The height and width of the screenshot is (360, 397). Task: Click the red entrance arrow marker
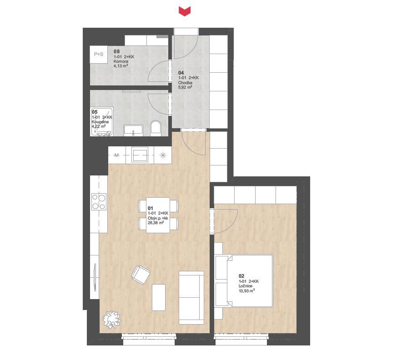coord(185,11)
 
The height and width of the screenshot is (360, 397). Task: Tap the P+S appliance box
coord(99,54)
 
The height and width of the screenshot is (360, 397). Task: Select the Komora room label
coord(121,61)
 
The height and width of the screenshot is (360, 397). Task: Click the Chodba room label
coord(185,82)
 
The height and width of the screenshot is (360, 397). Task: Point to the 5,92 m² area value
coord(185,87)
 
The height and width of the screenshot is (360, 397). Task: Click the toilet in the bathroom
coord(156,128)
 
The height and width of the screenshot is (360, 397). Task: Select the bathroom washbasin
coord(133,130)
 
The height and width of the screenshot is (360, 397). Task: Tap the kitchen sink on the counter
coord(140,155)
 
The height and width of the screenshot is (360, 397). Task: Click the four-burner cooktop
coord(99,201)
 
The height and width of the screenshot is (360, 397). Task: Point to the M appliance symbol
coord(117,155)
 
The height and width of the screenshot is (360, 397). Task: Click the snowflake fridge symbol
coord(163,155)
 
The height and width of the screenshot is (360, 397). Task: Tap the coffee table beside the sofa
coord(159,297)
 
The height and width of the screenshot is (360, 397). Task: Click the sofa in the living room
coord(191,298)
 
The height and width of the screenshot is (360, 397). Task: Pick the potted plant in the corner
coord(112,320)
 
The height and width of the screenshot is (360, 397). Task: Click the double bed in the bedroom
coord(244,281)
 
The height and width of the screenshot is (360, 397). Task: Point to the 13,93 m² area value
coord(247,290)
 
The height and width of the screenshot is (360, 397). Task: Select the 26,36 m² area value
coord(156,223)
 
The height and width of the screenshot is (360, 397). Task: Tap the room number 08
coord(116,52)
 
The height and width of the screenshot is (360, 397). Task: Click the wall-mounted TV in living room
coord(95,277)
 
